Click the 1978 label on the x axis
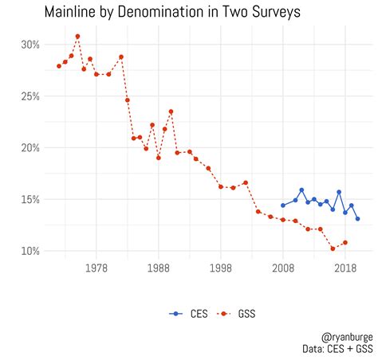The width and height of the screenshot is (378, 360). pos(96,269)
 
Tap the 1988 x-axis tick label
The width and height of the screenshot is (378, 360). pos(159,269)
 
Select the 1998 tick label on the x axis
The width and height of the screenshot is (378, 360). pos(221,269)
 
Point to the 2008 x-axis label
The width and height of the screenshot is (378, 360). pos(283,269)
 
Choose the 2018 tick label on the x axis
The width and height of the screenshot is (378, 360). pos(345,269)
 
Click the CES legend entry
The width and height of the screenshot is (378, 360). pos(188,314)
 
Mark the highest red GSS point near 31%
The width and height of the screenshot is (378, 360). pos(77,36)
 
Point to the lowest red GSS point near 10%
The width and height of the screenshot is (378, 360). pos(333,248)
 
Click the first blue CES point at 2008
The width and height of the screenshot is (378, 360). pos(283,205)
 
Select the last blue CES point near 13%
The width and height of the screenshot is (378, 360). pos(357,218)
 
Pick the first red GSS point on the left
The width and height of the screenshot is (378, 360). pos(59,66)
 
